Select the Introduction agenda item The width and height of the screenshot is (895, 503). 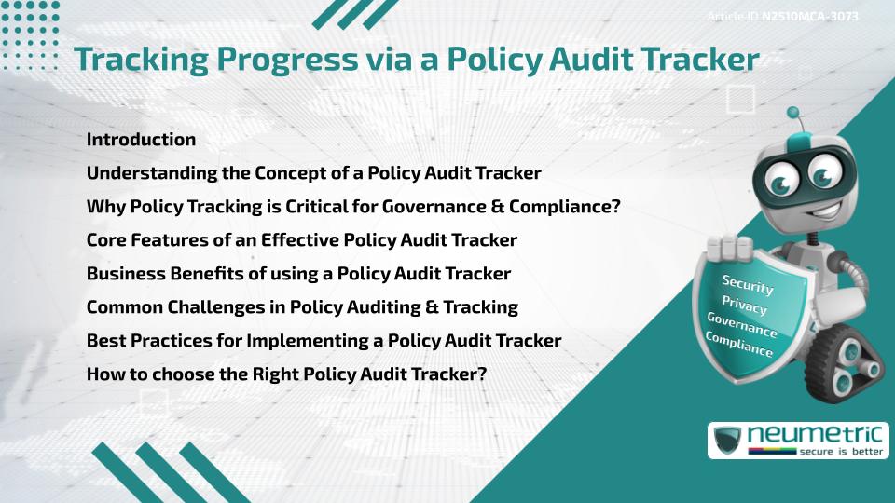[141, 140]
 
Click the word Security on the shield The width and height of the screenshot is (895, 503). [748, 283]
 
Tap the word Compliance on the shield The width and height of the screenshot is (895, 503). [739, 346]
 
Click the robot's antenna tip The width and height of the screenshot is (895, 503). [794, 112]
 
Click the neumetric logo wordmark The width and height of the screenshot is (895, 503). [817, 434]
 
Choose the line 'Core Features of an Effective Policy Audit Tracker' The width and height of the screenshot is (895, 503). [301, 240]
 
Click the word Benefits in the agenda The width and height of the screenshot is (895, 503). [197, 274]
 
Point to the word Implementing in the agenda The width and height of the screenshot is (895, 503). [297, 340]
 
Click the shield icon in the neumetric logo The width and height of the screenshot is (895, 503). [727, 440]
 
